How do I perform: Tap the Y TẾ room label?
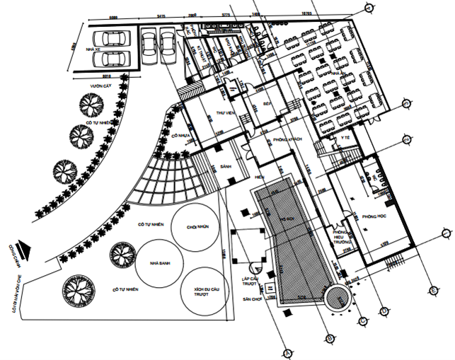(345, 137)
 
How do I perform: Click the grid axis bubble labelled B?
(330, 341)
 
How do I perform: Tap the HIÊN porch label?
(260, 176)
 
